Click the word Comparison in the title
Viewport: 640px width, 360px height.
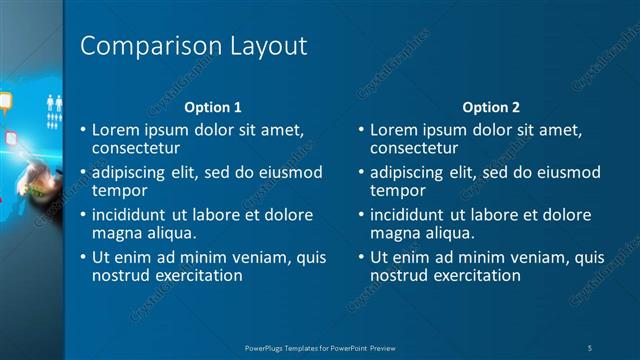coord(150,46)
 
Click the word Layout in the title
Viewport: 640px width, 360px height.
coord(267,46)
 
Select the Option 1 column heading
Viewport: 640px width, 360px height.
coord(213,107)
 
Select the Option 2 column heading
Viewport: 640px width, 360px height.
coord(491,107)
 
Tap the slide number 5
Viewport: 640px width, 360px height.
coord(591,347)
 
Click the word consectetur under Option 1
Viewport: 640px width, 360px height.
coord(136,148)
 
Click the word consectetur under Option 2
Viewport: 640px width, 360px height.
coord(414,148)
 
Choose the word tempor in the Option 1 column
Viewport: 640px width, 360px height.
coord(120,190)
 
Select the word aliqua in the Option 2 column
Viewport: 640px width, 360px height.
coord(446,233)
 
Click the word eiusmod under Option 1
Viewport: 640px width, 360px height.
coord(291,172)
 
